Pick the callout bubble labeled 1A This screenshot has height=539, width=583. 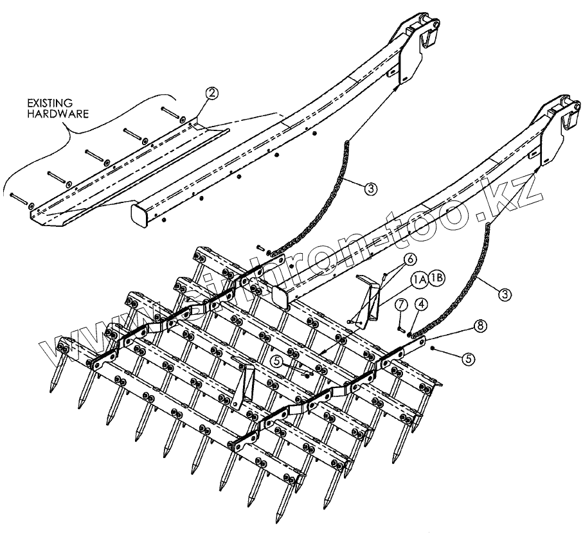(420, 278)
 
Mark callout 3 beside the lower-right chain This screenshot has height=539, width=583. (506, 294)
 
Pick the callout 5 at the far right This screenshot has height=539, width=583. (469, 358)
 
